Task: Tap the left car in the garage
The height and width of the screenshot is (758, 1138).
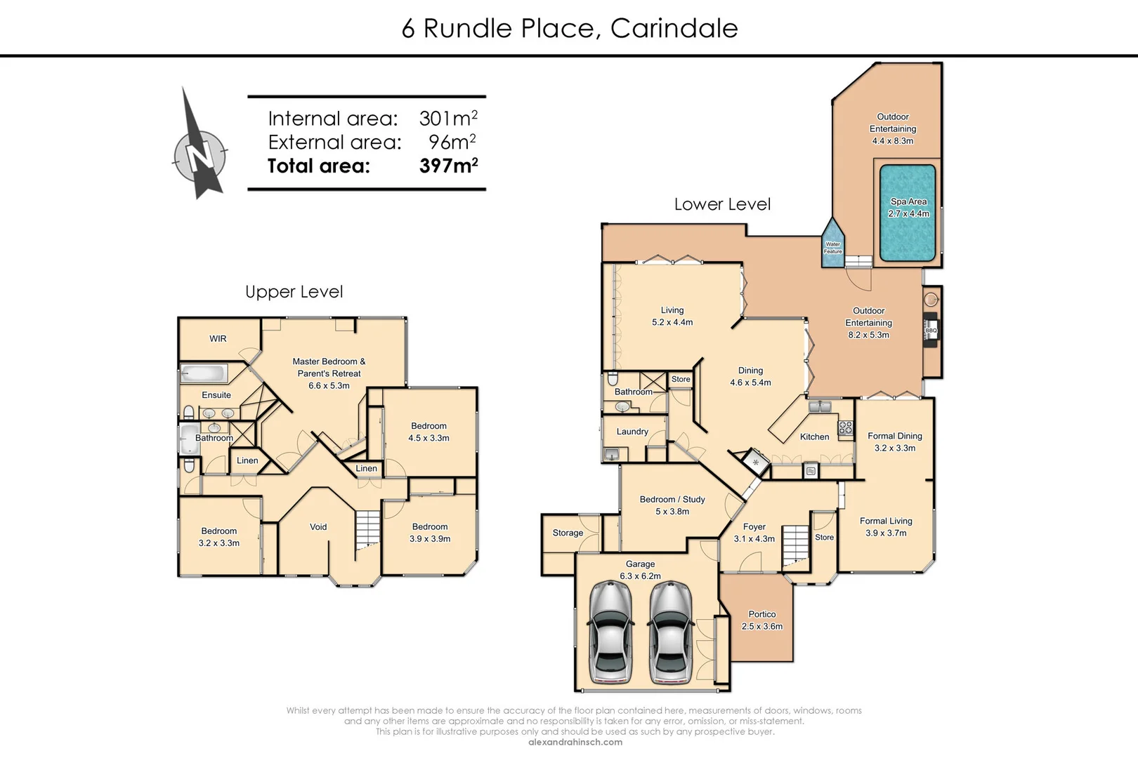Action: tap(610, 632)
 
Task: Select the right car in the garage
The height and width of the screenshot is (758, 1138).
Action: tap(670, 632)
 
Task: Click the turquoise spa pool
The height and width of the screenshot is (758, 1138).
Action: tap(908, 213)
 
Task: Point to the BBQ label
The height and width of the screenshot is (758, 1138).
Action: tap(931, 331)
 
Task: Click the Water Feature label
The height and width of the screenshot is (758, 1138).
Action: tap(832, 248)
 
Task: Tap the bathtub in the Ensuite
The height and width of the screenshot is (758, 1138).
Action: tap(204, 373)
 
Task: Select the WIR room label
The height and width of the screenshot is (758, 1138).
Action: tap(218, 338)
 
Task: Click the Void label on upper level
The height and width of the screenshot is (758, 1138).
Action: tap(318, 526)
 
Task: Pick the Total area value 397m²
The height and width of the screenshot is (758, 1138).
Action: tap(448, 166)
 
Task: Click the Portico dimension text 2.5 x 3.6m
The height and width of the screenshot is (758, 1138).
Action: tap(761, 626)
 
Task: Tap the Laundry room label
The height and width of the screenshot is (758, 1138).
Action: tap(632, 432)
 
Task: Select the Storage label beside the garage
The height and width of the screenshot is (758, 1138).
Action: tap(568, 533)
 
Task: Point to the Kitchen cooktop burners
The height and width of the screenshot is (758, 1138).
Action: tap(845, 427)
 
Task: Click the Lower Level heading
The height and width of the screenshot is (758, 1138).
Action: tap(722, 204)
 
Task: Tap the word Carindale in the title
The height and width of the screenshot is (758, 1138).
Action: tap(674, 28)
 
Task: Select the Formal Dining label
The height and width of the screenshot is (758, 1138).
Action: tap(894, 436)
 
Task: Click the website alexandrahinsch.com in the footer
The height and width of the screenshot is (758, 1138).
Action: tap(575, 742)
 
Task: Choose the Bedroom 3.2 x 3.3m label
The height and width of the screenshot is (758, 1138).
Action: tap(218, 537)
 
